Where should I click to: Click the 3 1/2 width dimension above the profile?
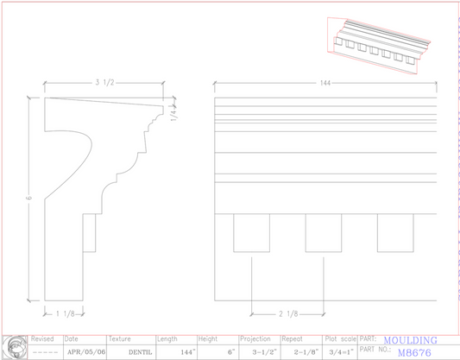click(104, 83)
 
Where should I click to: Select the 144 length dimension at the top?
click(325, 83)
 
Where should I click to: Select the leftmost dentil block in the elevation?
click(251, 232)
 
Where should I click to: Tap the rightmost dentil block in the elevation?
click(394, 232)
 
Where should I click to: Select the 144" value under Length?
click(187, 352)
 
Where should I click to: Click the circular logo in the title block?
click(14, 345)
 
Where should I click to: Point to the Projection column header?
click(255, 339)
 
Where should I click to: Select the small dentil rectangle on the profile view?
click(89, 233)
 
